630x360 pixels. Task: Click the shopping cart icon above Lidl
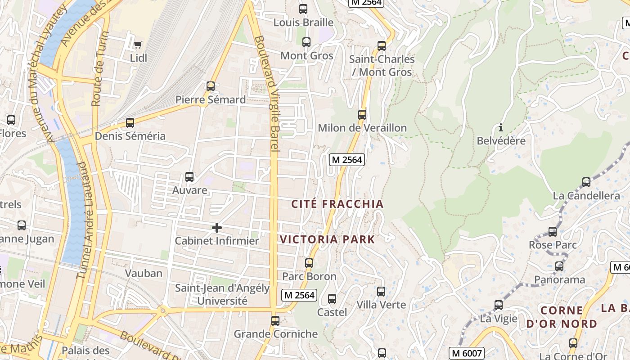click(138, 44)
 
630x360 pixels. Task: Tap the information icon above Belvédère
click(500, 128)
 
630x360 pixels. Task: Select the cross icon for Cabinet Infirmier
click(216, 228)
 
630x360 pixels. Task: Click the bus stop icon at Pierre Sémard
click(210, 86)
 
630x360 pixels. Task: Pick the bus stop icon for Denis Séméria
click(130, 123)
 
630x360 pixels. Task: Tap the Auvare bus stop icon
click(189, 177)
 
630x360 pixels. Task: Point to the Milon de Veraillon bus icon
click(362, 115)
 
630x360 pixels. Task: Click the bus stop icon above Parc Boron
click(309, 263)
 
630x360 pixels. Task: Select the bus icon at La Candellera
click(586, 182)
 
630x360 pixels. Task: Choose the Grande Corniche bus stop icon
click(275, 321)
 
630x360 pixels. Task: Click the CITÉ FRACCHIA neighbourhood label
click(337, 204)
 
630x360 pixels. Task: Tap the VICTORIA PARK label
click(328, 239)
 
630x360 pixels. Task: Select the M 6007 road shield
click(466, 353)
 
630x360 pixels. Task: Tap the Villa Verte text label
click(381, 305)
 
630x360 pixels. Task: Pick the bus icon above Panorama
click(559, 266)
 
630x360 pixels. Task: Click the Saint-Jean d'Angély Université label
click(222, 294)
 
